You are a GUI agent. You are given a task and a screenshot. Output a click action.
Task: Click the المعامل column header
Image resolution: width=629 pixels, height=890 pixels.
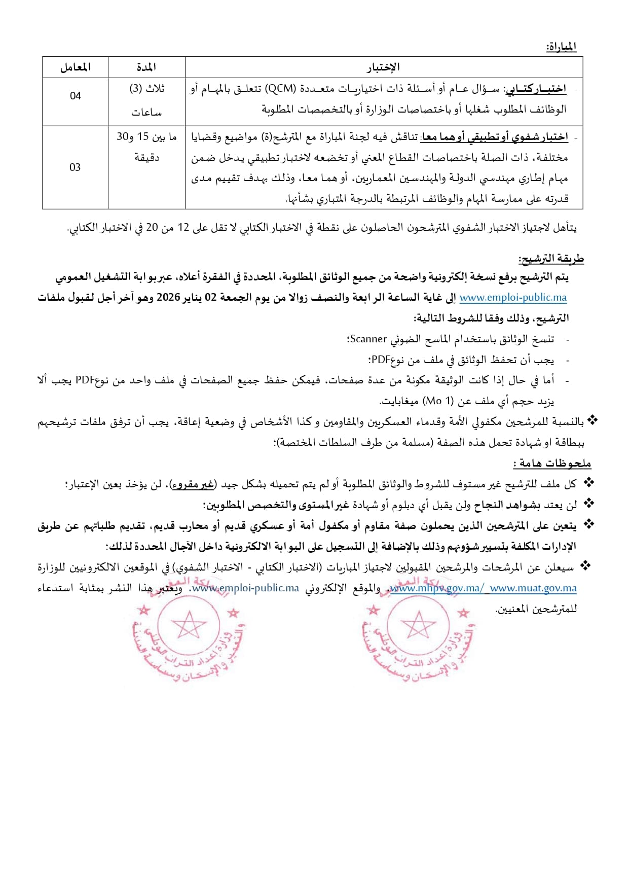[x=75, y=67]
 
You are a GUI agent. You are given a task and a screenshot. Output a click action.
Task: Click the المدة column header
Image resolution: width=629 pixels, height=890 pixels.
[x=146, y=67]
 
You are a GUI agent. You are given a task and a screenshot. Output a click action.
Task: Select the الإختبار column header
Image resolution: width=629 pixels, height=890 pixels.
[x=384, y=67]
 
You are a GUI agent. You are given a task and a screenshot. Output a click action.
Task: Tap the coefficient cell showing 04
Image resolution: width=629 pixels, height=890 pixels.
[x=75, y=96]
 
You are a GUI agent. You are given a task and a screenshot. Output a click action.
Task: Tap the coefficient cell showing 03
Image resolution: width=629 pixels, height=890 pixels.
[x=75, y=167]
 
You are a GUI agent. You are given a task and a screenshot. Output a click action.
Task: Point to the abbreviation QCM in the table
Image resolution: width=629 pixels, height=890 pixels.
[x=281, y=89]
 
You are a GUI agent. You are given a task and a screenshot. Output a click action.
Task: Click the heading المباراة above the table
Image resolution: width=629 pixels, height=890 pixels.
[x=561, y=47]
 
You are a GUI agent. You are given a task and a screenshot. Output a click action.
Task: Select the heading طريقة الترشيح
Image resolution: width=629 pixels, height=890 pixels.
[x=551, y=259]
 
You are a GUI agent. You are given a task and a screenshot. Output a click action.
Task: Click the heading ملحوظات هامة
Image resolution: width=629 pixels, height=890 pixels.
[x=552, y=463]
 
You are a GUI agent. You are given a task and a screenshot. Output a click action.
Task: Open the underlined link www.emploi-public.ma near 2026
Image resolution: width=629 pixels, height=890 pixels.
[x=513, y=298]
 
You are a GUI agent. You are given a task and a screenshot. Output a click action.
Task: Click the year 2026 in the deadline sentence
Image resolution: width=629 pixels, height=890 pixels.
[x=168, y=298]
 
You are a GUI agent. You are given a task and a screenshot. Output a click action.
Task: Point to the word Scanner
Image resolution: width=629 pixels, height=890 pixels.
[x=368, y=339]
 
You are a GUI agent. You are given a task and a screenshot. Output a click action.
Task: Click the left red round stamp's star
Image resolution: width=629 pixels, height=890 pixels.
[x=189, y=625]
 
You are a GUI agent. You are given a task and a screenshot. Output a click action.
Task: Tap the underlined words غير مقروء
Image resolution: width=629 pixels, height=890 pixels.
[x=193, y=484]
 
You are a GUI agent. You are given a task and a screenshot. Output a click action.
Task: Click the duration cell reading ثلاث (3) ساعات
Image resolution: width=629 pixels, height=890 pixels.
[x=146, y=100]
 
